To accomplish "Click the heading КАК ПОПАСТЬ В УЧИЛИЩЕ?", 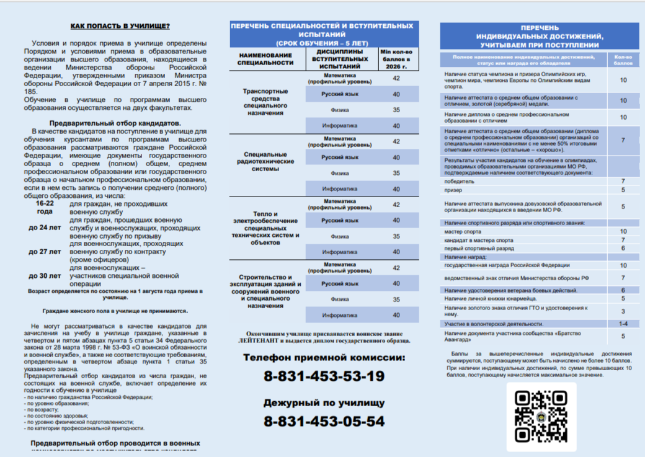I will point(120,26).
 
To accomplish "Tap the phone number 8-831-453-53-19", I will point(324,376).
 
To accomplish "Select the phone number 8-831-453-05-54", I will point(324,422).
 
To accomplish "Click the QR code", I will point(541,415).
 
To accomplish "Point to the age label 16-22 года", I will point(45,207).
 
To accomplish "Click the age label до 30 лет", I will point(45,276).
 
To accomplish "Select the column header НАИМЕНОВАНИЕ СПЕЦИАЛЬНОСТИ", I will point(265,59).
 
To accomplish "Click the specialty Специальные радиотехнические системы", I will point(265,161).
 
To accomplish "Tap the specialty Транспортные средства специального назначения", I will point(265,102).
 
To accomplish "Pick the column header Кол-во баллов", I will point(623,60).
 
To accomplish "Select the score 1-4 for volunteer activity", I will point(623,324).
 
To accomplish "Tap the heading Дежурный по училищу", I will point(324,402).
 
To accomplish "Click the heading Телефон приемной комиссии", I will point(324,358).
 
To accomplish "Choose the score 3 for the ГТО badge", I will point(623,311).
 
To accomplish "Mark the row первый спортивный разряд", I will point(479,248).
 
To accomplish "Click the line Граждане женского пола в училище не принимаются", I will point(115,311).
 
